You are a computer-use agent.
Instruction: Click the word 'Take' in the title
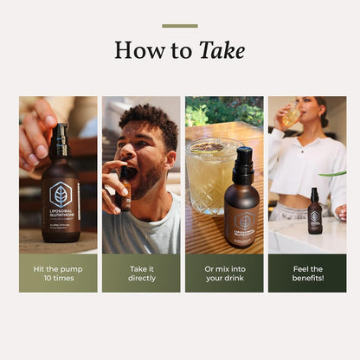222,51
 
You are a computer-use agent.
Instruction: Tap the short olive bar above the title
179,26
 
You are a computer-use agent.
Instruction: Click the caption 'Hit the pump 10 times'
58,273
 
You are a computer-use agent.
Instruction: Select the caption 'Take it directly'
141,273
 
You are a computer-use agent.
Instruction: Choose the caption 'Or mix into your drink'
224,273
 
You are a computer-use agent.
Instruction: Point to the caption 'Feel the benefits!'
306,273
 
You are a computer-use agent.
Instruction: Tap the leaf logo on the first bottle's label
61,194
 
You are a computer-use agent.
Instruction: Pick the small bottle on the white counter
315,214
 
